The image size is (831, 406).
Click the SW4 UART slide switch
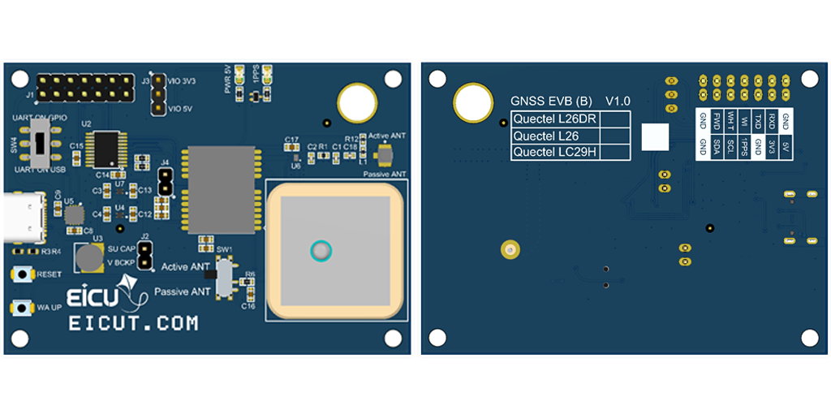tap(38, 146)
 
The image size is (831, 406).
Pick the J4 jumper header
tap(166, 183)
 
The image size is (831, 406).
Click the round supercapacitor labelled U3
tap(89, 258)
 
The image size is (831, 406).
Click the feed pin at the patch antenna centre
tap(322, 251)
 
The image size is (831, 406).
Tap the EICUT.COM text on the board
tap(133, 323)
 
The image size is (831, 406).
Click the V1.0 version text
tap(618, 101)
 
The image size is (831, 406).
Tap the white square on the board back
tap(655, 136)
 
